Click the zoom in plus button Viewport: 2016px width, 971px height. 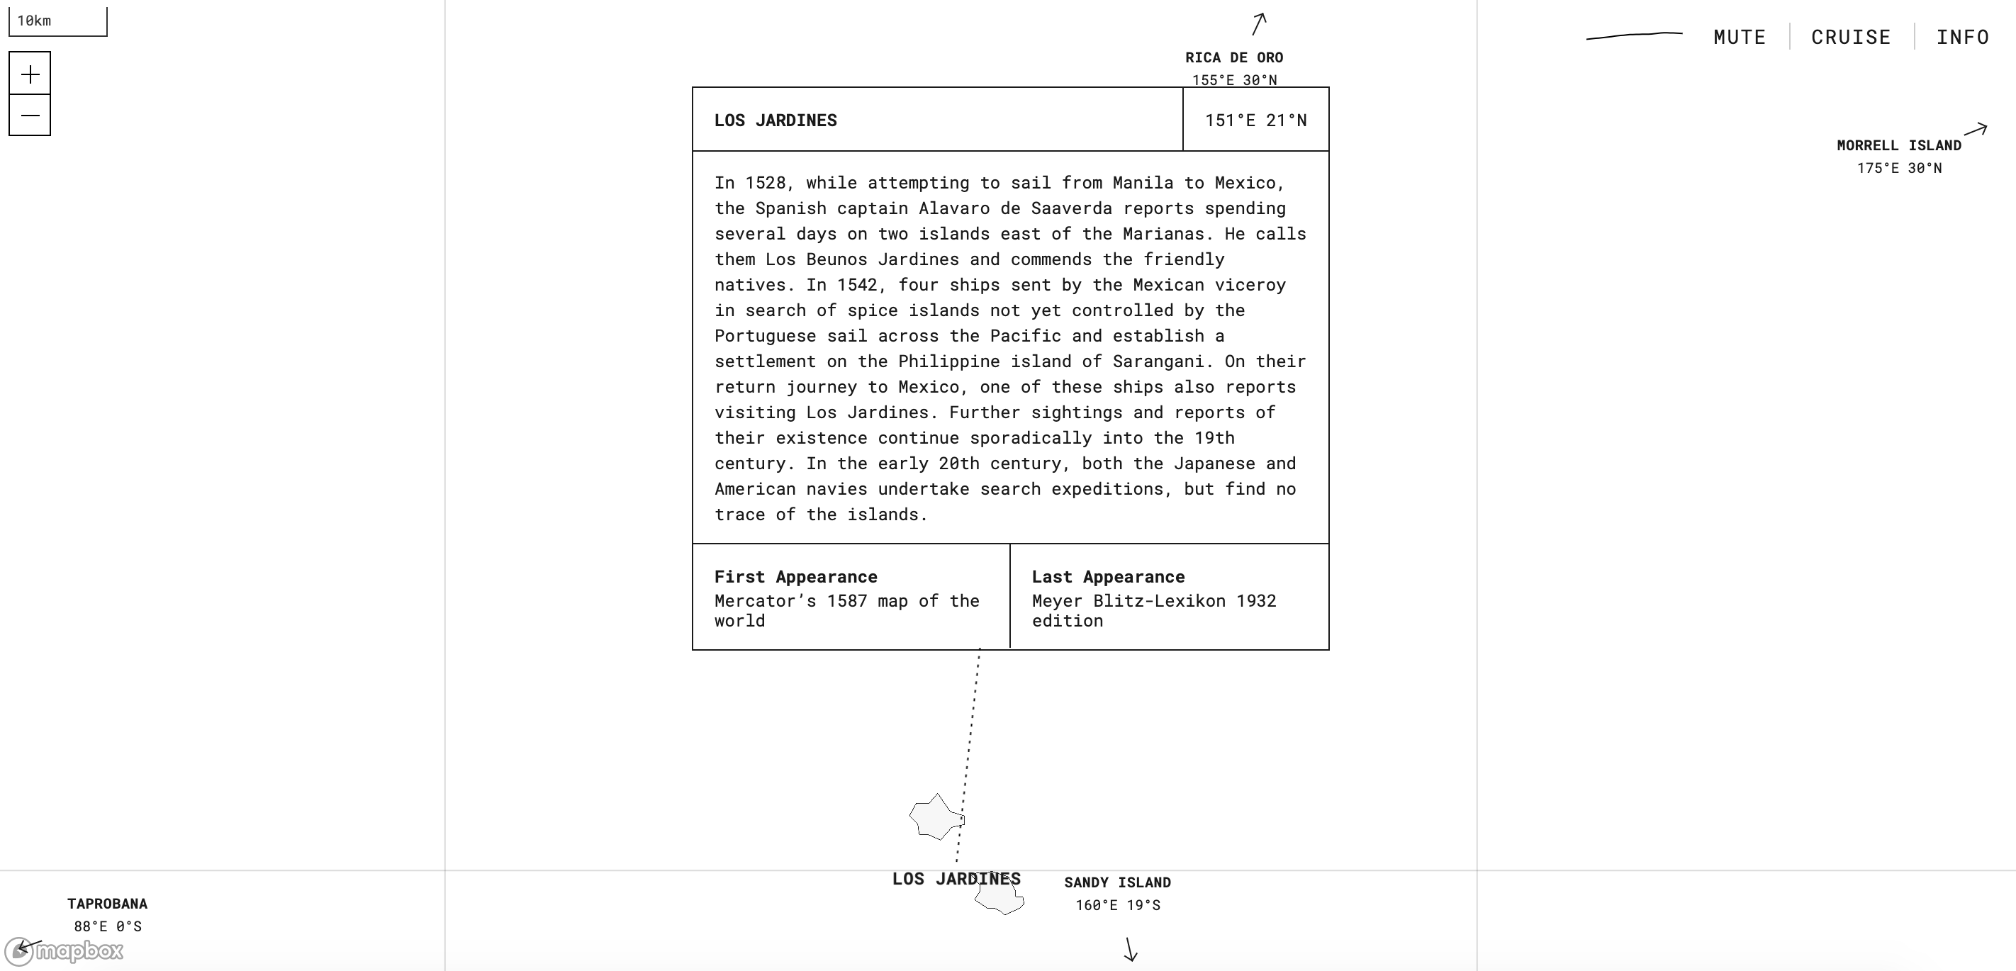(x=30, y=74)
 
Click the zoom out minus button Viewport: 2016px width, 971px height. (x=30, y=116)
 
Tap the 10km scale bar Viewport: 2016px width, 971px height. (x=57, y=21)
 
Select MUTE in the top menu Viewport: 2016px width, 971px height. (x=1739, y=37)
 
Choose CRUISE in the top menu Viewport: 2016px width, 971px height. (x=1851, y=37)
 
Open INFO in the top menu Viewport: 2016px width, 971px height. (x=1962, y=37)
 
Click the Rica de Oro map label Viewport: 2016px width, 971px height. (x=1233, y=58)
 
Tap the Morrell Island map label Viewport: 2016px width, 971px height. (x=1898, y=145)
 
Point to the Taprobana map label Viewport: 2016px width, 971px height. (x=107, y=904)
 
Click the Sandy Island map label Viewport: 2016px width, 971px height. (x=1116, y=882)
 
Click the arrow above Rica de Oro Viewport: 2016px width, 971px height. (x=1258, y=23)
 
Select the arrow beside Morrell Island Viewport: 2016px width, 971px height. (x=1976, y=129)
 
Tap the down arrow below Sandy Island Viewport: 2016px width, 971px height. (x=1130, y=949)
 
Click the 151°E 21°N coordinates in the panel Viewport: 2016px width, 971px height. (x=1255, y=120)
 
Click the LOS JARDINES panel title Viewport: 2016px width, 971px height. (x=775, y=120)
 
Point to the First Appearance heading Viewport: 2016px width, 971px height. (x=795, y=577)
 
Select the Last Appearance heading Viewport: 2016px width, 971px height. (x=1107, y=577)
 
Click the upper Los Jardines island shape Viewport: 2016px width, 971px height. (x=935, y=817)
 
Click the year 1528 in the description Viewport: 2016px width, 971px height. (x=765, y=183)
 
